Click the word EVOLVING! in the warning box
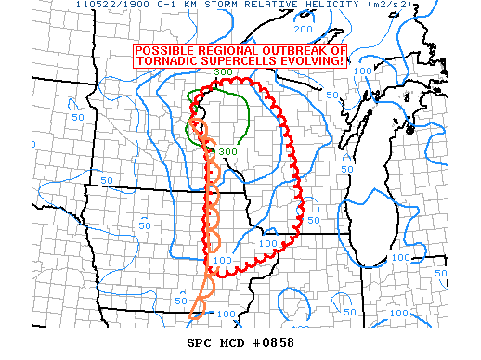click(313, 61)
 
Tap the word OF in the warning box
click(338, 50)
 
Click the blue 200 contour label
click(305, 29)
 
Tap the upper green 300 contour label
click(223, 71)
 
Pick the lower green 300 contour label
click(227, 151)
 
